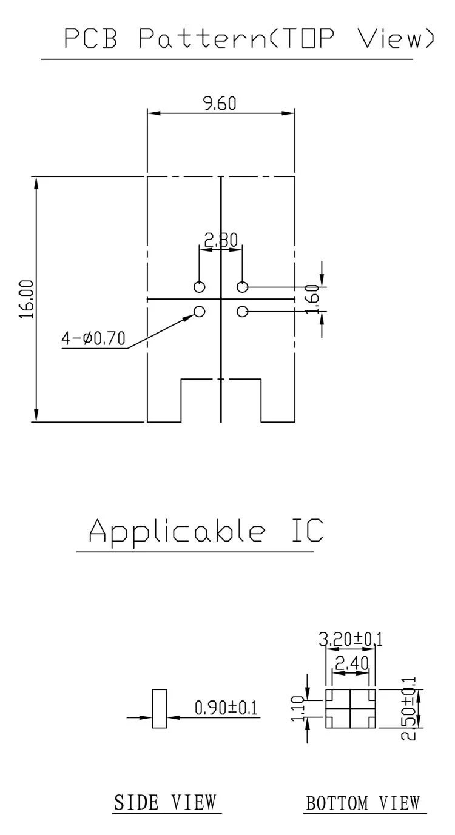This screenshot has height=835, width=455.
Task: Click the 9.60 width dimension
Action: pyautogui.click(x=220, y=103)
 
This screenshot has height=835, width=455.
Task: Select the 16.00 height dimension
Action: pyautogui.click(x=27, y=300)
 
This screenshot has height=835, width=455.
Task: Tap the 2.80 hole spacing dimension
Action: pyautogui.click(x=221, y=240)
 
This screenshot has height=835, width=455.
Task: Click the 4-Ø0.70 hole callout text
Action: pyautogui.click(x=93, y=338)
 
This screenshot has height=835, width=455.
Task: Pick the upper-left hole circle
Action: pyautogui.click(x=200, y=287)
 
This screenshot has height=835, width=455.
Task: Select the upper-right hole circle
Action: pyautogui.click(x=243, y=287)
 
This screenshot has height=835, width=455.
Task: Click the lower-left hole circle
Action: pyautogui.click(x=200, y=311)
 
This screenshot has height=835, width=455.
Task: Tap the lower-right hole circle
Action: pyautogui.click(x=243, y=311)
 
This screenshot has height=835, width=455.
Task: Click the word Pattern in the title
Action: pyautogui.click(x=203, y=38)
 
